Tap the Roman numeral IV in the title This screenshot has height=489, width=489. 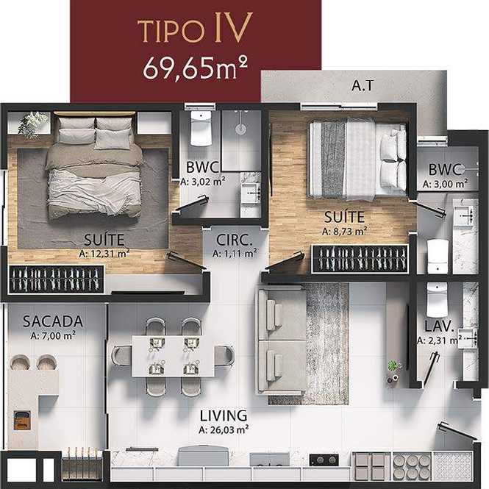[233, 28]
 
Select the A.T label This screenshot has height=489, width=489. [362, 85]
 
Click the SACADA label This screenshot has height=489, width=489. [53, 321]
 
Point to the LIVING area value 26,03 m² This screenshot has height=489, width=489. [224, 430]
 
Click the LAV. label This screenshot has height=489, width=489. [439, 326]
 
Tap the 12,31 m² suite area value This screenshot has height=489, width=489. [104, 254]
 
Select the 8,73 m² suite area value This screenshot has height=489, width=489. [344, 232]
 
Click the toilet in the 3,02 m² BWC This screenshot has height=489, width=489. [201, 128]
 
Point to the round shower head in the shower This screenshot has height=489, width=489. [240, 129]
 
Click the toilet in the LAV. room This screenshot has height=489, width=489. [437, 300]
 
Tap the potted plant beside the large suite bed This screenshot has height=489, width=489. [32, 124]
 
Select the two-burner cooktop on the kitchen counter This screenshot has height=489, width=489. [324, 460]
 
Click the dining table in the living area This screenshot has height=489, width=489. [173, 356]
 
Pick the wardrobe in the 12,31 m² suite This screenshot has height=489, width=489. [56, 279]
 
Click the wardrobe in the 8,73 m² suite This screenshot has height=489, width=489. [360, 259]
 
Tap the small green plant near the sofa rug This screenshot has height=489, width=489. [393, 365]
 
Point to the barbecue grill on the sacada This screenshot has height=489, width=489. [22, 420]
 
